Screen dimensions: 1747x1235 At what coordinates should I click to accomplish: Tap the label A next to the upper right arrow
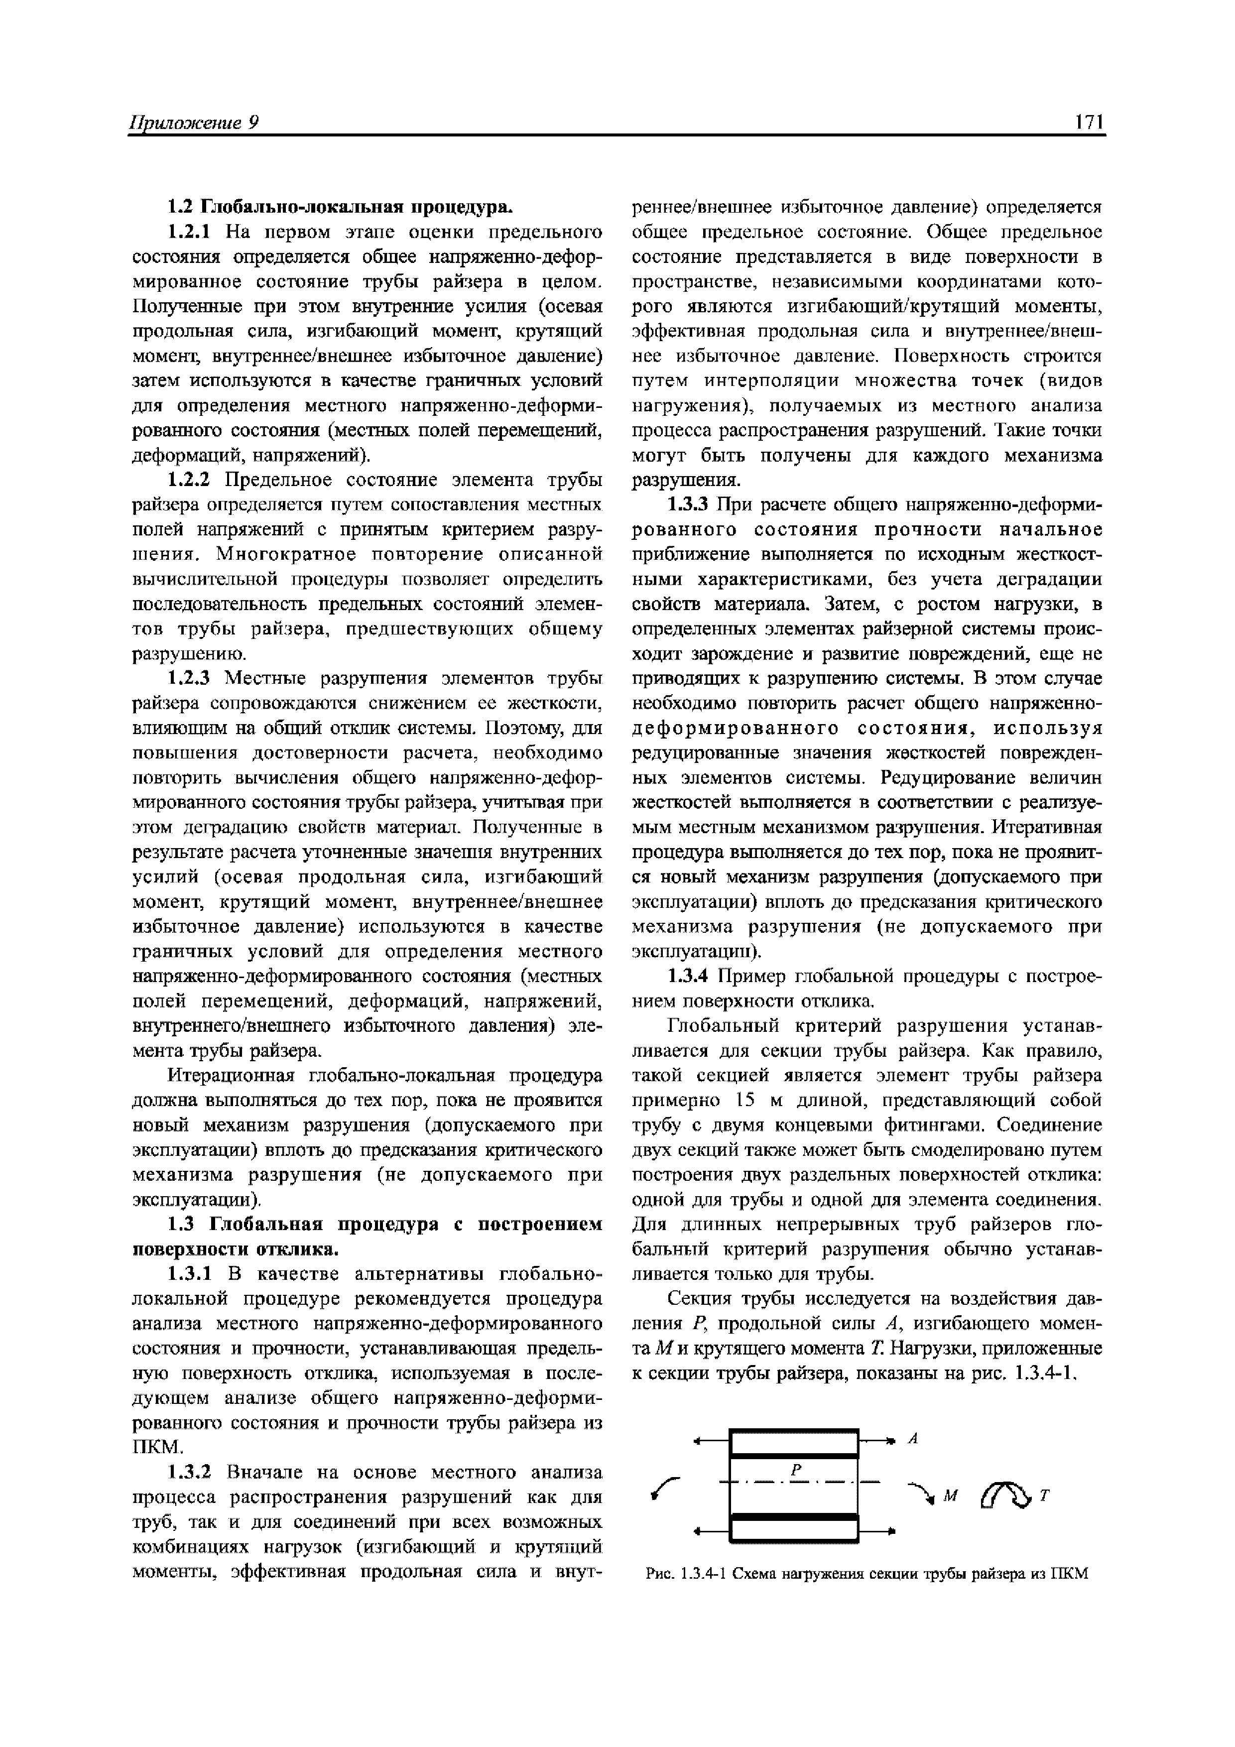[915, 1439]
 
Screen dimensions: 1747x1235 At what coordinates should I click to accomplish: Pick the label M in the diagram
[949, 1497]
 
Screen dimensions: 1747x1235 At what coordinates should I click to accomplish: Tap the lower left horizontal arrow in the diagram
[712, 1529]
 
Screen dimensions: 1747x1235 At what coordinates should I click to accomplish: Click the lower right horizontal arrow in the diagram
[875, 1529]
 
